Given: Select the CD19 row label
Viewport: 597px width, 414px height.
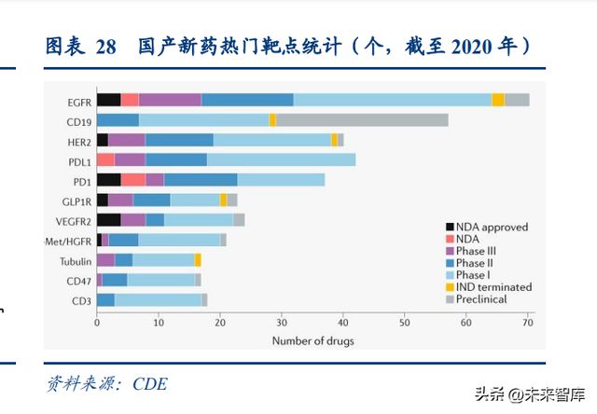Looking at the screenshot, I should pyautogui.click(x=78, y=120).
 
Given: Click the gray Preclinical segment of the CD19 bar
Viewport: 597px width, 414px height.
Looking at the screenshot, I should pyautogui.click(x=362, y=120).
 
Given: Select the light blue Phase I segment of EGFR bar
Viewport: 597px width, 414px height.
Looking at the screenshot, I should pyautogui.click(x=392, y=100).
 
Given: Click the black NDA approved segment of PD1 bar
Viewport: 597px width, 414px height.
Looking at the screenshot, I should pyautogui.click(x=108, y=180).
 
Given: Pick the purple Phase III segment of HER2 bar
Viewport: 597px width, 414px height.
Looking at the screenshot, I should pyautogui.click(x=126, y=140).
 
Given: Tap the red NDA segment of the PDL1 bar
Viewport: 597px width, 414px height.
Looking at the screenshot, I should pyautogui.click(x=105, y=159).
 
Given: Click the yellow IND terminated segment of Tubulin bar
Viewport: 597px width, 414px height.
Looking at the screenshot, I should pyautogui.click(x=198, y=260).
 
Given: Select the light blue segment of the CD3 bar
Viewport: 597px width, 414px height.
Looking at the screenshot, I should pyautogui.click(x=158, y=300).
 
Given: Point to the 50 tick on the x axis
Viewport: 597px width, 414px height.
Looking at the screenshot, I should pyautogui.click(x=405, y=324).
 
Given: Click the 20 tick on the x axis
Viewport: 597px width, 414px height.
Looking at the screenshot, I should pyautogui.click(x=220, y=324).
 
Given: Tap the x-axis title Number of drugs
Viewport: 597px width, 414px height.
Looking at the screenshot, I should pyautogui.click(x=312, y=341).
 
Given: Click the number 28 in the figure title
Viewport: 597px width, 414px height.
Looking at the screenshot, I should pyautogui.click(x=105, y=47).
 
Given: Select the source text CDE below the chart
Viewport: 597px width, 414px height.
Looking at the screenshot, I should pyautogui.click(x=149, y=383).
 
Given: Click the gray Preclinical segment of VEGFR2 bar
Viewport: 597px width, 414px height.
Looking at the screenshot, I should pyautogui.click(x=239, y=220).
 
